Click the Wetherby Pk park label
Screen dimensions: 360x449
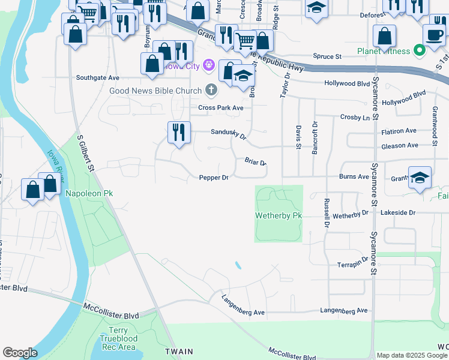pos(278,215)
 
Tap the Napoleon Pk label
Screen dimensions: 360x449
pos(89,193)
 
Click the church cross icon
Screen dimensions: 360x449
pos(211,91)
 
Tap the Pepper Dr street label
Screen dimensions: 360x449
pos(214,178)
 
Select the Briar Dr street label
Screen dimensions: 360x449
pos(255,161)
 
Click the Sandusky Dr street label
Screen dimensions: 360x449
pos(228,136)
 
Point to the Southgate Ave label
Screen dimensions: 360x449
pos(98,78)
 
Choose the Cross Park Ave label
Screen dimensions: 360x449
pos(221,108)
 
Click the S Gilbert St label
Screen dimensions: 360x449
pos(86,154)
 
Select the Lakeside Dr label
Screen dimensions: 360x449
pos(399,213)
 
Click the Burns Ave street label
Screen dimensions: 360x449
pos(354,177)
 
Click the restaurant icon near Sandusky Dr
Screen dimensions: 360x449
pos(179,133)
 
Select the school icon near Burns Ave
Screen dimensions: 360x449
pos(420,178)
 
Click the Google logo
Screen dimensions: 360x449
pos(20,353)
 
